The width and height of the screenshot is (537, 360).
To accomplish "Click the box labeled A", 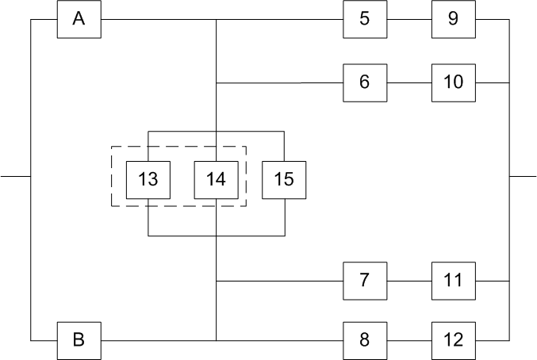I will pyautogui.click(x=79, y=19).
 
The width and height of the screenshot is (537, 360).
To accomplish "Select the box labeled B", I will pyautogui.click(x=79, y=340).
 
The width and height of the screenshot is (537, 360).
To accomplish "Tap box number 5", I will pyautogui.click(x=364, y=19).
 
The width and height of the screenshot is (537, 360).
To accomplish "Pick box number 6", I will pyautogui.click(x=364, y=82).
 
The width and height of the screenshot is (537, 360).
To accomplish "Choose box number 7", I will pyautogui.click(x=364, y=281).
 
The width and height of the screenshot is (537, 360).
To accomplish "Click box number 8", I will pyautogui.click(x=364, y=340).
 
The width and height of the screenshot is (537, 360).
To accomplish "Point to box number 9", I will pyautogui.click(x=453, y=19).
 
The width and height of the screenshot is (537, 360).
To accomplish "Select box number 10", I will pyautogui.click(x=453, y=82).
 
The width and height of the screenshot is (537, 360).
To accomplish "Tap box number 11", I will pyautogui.click(x=453, y=281).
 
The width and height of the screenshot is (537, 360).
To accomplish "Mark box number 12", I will pyautogui.click(x=453, y=340).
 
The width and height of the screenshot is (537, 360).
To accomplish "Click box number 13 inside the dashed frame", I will pyautogui.click(x=148, y=179).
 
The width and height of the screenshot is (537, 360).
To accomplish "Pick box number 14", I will pyautogui.click(x=216, y=179).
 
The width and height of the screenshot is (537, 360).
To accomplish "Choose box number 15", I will pyautogui.click(x=284, y=179).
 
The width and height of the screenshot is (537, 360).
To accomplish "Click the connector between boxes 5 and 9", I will pyautogui.click(x=409, y=19).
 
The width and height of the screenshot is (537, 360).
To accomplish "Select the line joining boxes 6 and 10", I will pyautogui.click(x=409, y=82).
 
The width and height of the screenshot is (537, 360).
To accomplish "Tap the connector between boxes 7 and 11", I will pyautogui.click(x=409, y=281).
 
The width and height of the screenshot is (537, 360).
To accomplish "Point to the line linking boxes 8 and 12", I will pyautogui.click(x=409, y=340).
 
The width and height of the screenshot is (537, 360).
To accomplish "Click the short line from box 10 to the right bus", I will pyautogui.click(x=491, y=82).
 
